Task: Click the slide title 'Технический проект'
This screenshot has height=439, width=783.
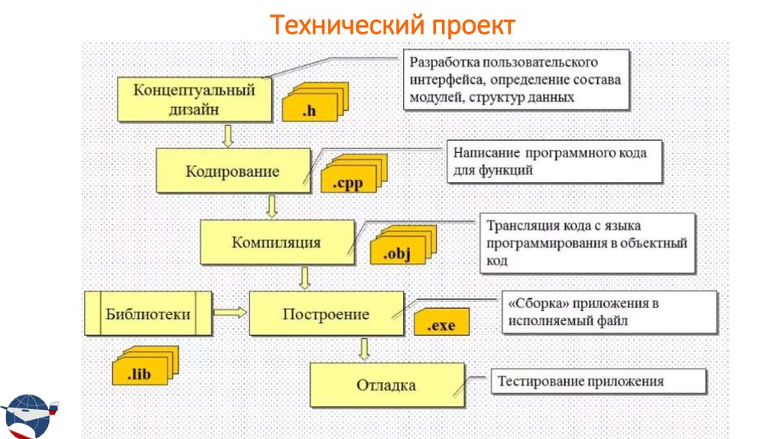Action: pos(393,24)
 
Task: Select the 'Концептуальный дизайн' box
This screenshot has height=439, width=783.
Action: pos(194,99)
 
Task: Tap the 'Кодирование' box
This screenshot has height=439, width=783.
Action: pos(232,171)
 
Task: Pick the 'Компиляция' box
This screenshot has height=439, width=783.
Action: pos(276,242)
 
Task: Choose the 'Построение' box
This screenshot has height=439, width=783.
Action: pos(326,314)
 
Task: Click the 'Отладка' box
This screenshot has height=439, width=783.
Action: pos(386,385)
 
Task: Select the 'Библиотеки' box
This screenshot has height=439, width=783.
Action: pos(148,314)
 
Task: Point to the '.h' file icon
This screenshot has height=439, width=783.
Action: pos(312,106)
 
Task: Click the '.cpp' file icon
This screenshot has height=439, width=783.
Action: pos(350,177)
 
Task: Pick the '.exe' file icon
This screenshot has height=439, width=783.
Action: pos(440,321)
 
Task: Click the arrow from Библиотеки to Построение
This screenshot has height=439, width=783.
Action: pos(230,312)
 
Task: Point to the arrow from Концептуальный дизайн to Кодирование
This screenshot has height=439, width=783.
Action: pos(227,135)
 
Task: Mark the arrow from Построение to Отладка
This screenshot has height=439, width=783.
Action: pos(364,349)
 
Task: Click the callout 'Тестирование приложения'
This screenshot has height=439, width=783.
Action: pos(586,381)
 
